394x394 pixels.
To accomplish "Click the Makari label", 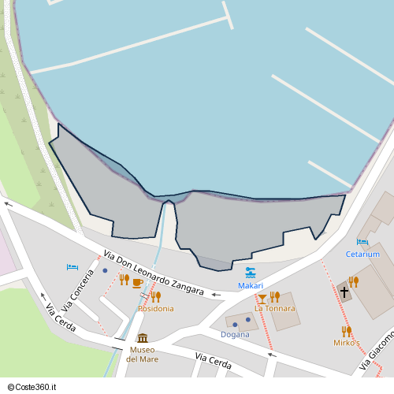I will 251,285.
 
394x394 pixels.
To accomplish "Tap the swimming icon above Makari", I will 251,273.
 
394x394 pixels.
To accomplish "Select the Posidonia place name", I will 156,309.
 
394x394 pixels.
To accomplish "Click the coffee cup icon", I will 137,282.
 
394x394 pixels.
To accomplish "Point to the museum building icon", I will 143,338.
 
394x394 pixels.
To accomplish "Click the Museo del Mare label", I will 143,354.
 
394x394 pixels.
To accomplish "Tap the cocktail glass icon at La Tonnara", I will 262,298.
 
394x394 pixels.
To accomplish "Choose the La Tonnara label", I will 274,308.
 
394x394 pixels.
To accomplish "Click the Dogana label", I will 235,334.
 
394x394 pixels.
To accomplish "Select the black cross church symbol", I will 344,292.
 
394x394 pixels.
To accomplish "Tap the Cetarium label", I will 362,255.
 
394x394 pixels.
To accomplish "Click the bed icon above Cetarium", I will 362,243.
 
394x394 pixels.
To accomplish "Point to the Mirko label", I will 344,343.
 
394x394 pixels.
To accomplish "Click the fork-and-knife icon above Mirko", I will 346,331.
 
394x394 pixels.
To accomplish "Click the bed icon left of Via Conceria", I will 72,268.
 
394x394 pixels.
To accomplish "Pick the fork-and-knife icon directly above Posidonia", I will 155,296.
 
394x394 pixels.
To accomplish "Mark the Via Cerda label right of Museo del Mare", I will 213,363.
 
